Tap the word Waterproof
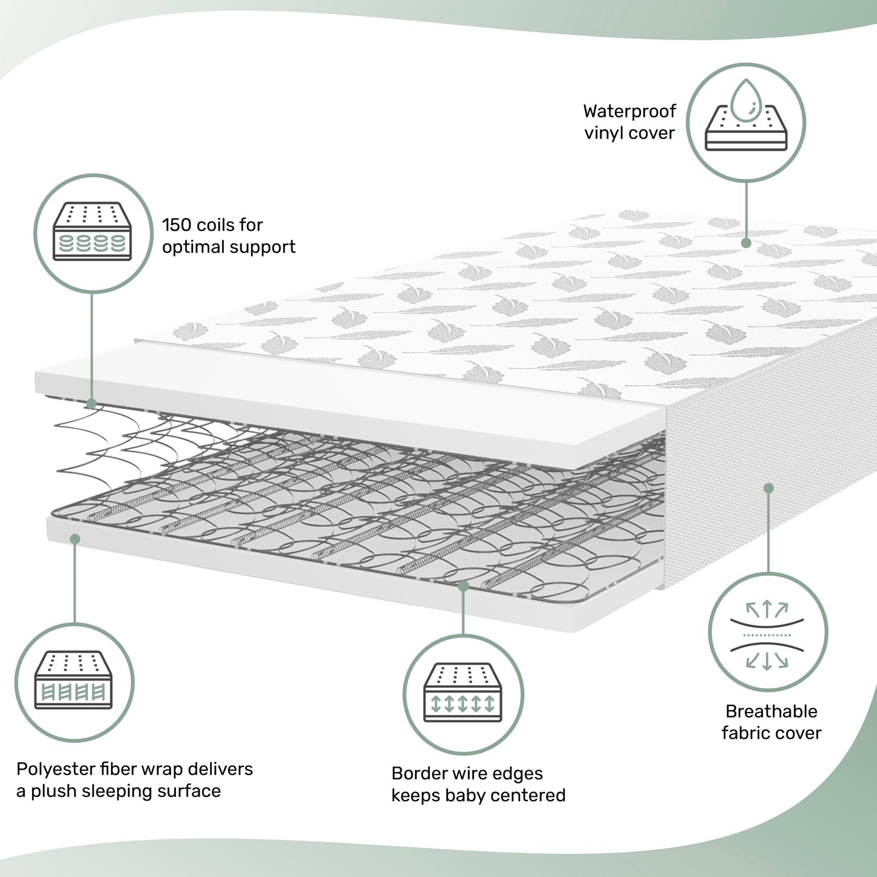[629, 111]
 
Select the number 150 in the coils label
[176, 225]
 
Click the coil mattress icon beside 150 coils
[92, 231]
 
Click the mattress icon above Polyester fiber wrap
[74, 681]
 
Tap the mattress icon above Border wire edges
[462, 693]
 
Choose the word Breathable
[771, 711]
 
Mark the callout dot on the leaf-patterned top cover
[746, 243]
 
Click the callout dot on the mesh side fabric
[768, 488]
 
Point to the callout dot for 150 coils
[91, 404]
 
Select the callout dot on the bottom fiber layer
[75, 538]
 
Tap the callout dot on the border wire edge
[463, 586]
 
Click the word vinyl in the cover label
[603, 134]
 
